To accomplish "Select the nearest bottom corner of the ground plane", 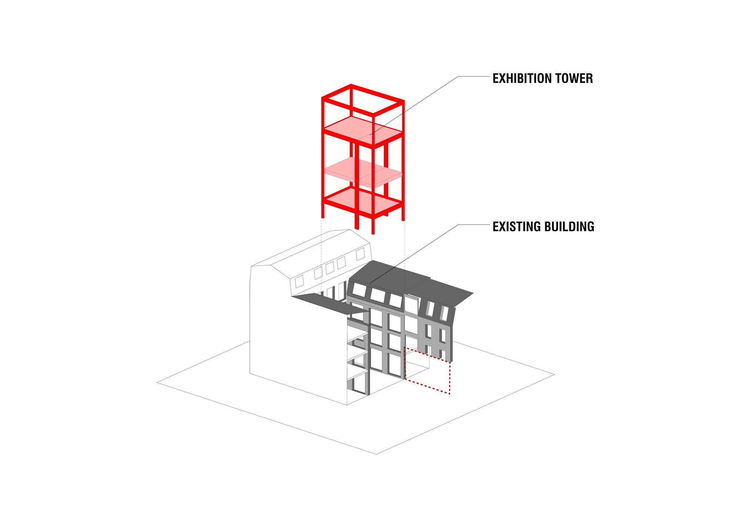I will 376,454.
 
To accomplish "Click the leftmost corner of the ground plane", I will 157,382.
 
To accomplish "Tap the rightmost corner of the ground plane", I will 554,375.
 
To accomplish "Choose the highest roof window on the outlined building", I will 360,254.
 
